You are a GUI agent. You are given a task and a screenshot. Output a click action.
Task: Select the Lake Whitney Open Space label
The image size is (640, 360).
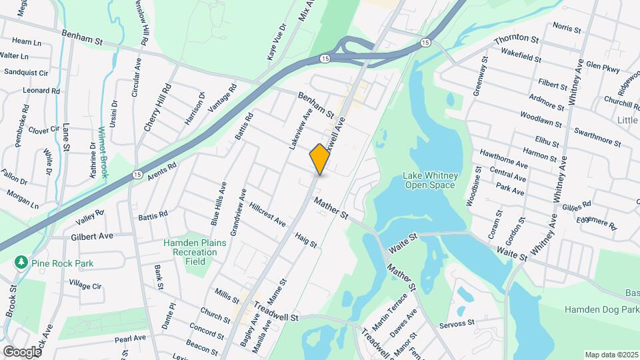pos(430,180)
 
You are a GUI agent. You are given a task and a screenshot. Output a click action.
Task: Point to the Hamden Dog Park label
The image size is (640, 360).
pos(601,310)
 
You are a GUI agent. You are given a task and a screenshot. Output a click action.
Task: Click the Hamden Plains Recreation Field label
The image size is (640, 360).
pos(195,248)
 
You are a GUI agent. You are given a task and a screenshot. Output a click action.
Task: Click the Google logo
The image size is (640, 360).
pos(21,351)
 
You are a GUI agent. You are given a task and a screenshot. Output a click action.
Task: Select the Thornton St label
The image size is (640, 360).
pos(516,39)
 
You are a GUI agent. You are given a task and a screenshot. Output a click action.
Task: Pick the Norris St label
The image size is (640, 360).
pos(567,27)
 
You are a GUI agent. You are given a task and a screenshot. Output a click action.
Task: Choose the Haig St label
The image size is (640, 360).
pos(305,241)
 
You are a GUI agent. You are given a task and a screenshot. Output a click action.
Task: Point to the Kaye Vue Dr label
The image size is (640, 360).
pos(277,42)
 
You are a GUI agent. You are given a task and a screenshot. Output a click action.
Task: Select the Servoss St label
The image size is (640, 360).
pos(457,324)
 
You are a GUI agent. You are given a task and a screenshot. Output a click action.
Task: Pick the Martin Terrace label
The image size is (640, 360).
pos(389,311)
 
